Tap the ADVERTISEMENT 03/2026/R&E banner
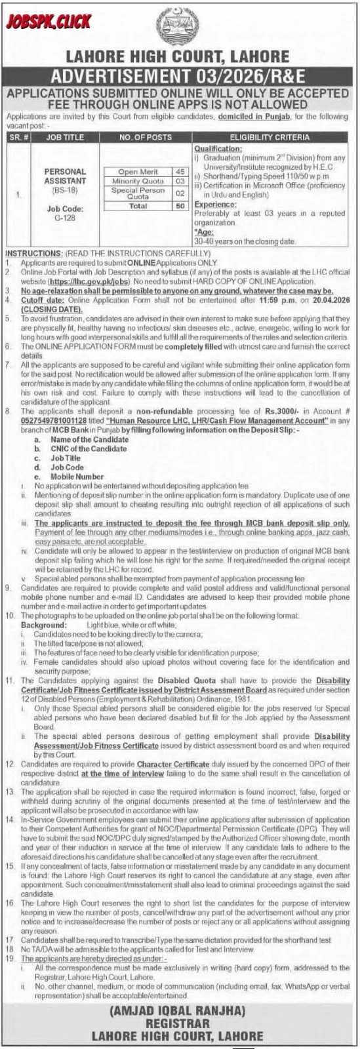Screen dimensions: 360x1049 tap(180, 73)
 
